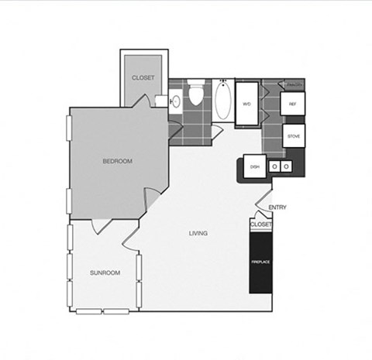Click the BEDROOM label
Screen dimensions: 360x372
[x=118, y=161]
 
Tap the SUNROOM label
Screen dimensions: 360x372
[x=105, y=273]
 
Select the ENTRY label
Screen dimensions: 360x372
[x=277, y=207]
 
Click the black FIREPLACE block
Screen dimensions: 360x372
[x=260, y=262]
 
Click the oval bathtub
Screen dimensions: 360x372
[x=222, y=101]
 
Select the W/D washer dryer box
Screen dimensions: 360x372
[x=247, y=103]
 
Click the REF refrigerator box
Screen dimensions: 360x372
[x=294, y=103]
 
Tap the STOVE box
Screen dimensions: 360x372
[x=294, y=135]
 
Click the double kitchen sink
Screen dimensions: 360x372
[x=280, y=166]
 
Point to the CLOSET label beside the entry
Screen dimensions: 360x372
[x=261, y=224]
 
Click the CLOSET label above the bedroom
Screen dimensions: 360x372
[x=143, y=78]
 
